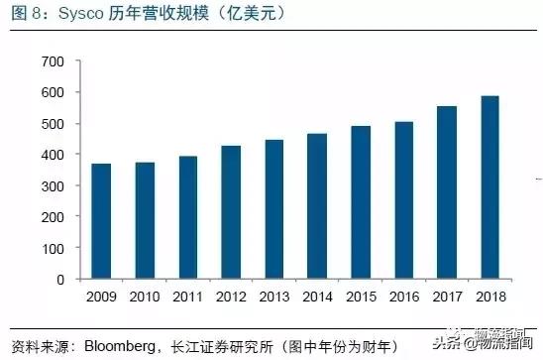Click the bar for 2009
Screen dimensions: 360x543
tap(101, 221)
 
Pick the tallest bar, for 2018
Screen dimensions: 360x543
tap(489, 187)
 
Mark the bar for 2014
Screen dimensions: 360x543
tap(317, 206)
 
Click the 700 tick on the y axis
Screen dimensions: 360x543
tap(52, 62)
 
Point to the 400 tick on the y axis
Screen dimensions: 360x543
tap(52, 156)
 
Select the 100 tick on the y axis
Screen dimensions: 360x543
tap(52, 249)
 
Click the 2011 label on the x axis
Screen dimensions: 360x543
tap(187, 298)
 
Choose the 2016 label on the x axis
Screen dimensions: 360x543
tap(403, 298)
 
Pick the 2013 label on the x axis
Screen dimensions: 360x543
tap(273, 298)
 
